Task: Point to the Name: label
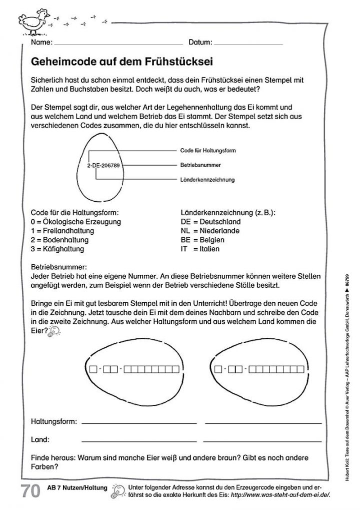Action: click(x=41, y=42)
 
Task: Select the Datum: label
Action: click(x=200, y=42)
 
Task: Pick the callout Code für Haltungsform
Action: click(x=207, y=150)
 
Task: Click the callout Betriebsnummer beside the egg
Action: click(x=200, y=164)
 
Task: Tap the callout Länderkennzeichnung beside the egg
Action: click(x=207, y=179)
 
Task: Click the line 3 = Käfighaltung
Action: click(x=57, y=248)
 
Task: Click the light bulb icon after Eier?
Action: click(x=53, y=331)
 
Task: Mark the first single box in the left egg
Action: click(x=92, y=370)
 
